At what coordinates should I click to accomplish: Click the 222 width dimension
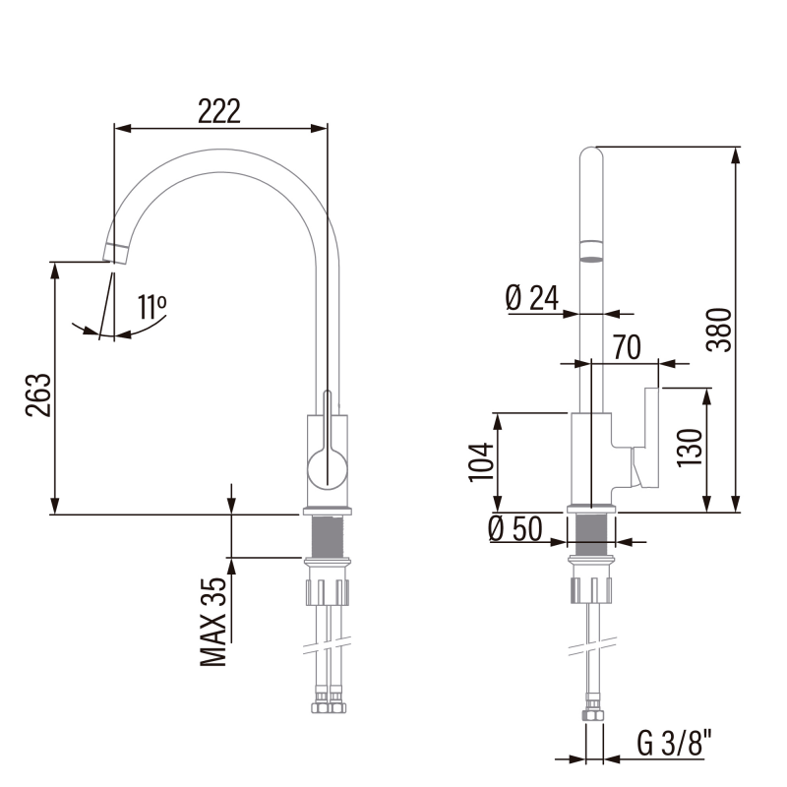click(x=219, y=111)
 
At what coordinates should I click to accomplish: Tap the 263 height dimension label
click(x=38, y=395)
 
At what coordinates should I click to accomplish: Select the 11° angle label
click(x=152, y=307)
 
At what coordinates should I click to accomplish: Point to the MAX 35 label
click(x=213, y=622)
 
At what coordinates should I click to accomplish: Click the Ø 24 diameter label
click(x=532, y=298)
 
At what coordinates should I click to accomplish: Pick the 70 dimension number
click(x=627, y=347)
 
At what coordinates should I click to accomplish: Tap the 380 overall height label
click(x=719, y=330)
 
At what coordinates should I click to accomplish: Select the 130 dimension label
click(x=690, y=449)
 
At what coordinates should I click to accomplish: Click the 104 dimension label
click(x=481, y=462)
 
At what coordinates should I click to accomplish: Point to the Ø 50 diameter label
click(x=515, y=528)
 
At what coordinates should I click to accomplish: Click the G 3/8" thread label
click(x=675, y=743)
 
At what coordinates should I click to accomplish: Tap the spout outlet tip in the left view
click(x=114, y=254)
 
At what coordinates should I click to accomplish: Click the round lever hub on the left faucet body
click(x=328, y=469)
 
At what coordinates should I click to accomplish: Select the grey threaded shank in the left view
click(x=328, y=536)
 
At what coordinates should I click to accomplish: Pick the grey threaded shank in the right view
click(x=591, y=534)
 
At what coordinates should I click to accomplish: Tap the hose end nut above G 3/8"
click(x=593, y=715)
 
